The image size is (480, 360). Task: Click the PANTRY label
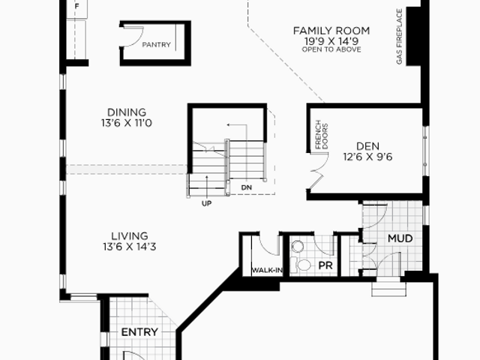coord(157,45)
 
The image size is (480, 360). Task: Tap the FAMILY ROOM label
coord(331,31)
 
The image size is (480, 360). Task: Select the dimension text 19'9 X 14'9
coord(331,41)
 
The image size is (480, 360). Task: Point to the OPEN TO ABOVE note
coord(331,49)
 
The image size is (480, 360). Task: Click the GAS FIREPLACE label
coord(399,37)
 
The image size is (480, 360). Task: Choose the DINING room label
coord(127,112)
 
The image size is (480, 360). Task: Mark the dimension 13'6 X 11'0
coord(127,123)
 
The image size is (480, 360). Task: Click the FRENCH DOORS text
coord(322,134)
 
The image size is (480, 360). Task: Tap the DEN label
coord(368,146)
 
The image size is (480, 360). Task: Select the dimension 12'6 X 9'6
coord(368,157)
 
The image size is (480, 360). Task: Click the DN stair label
coord(247,187)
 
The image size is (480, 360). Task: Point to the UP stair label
coord(207,203)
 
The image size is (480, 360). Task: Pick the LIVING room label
coord(130,236)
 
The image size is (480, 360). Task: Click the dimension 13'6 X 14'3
coord(130,247)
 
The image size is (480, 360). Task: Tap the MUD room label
coord(400,238)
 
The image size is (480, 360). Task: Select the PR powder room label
coord(325,265)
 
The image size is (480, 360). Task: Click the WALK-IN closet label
coord(267,270)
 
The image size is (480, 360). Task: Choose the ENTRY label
coord(139,332)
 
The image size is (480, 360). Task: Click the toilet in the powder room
coord(301,265)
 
